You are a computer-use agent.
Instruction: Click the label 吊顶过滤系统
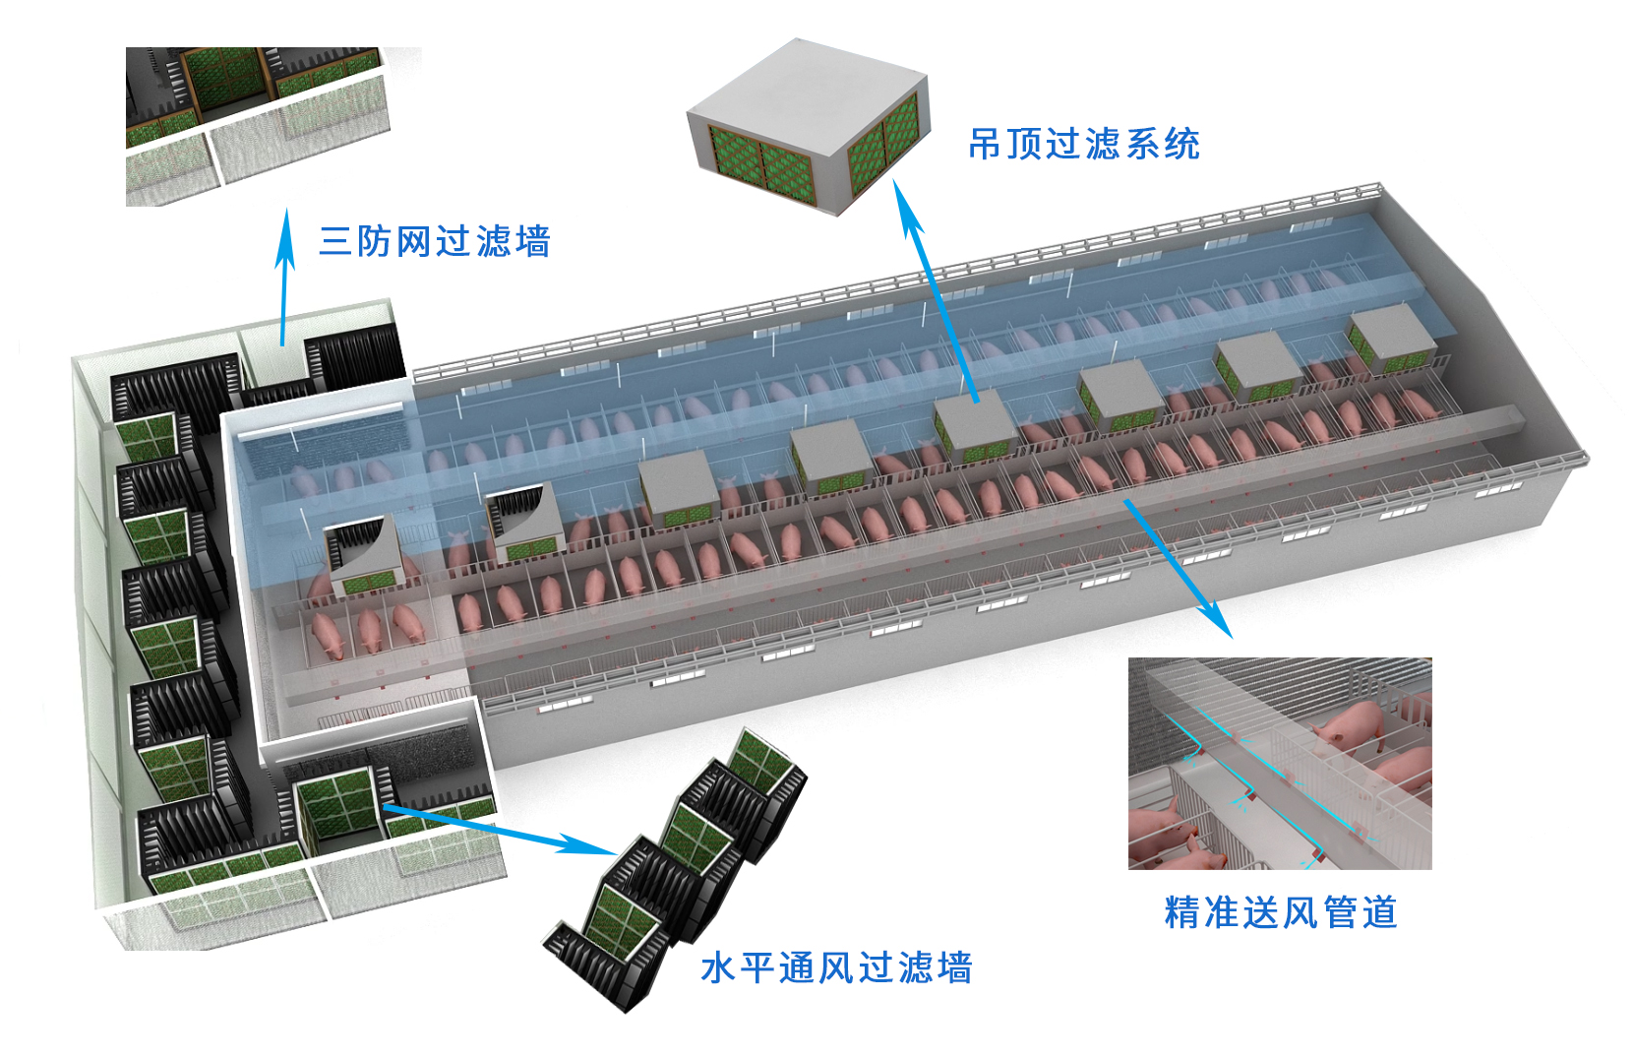(x=1083, y=145)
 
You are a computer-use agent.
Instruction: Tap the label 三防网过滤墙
(x=434, y=241)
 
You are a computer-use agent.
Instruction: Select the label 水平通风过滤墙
(x=836, y=968)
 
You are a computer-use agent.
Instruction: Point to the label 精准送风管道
(x=1280, y=912)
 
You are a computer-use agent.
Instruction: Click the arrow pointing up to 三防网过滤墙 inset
(x=285, y=276)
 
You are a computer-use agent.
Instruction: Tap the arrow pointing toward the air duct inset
(x=1178, y=567)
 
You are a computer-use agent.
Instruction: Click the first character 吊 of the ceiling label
(x=986, y=145)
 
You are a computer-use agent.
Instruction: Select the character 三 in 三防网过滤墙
(x=335, y=241)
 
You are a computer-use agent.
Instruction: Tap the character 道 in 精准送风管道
(x=1379, y=912)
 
